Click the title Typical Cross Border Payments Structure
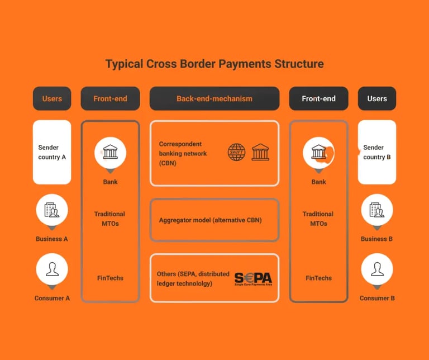[x=214, y=64]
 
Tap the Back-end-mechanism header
[x=214, y=99]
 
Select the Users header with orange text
[x=52, y=99]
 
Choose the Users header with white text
[x=377, y=99]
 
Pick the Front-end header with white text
[x=318, y=99]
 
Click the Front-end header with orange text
[x=110, y=99]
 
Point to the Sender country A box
[x=52, y=152]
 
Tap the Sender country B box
[x=377, y=152]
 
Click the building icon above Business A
[x=52, y=210]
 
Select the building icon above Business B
[x=377, y=210]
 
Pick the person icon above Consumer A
[x=52, y=269]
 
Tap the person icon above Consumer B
[x=377, y=269]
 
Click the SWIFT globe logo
[x=237, y=152]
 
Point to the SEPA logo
[x=253, y=278]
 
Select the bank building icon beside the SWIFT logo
[x=260, y=152]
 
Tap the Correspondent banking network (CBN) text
[x=183, y=153]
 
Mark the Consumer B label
[x=377, y=298]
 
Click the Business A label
[x=52, y=239]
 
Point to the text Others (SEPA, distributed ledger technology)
[x=192, y=279]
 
